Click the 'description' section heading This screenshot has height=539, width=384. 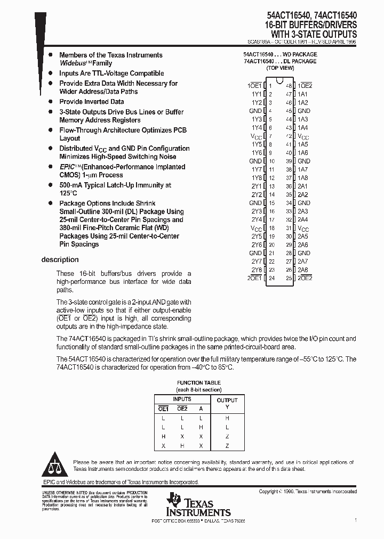60,260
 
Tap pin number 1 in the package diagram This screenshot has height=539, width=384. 270,86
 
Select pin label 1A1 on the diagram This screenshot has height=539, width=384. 303,94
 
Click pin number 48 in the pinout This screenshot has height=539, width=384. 289,86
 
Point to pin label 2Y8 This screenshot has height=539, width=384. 257,270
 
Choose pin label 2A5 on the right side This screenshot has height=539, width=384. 303,236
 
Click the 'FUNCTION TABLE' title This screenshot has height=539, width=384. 198,383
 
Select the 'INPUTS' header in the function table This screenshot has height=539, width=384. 181,399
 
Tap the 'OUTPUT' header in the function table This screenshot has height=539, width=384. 227,400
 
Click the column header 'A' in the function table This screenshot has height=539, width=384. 201,409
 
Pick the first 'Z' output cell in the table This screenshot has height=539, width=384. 227,436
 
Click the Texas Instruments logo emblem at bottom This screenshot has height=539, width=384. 173,501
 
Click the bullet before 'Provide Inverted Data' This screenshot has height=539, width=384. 50,102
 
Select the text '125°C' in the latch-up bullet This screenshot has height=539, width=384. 68,193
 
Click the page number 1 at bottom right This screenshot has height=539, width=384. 356,519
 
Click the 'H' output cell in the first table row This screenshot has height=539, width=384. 227,419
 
